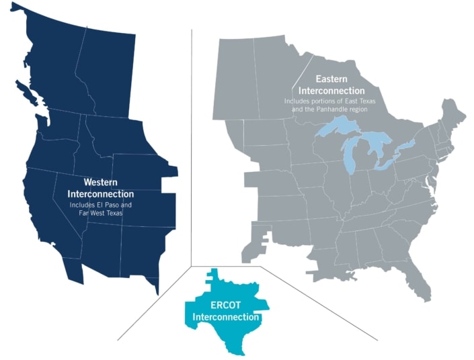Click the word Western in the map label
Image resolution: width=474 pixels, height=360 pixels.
pyautogui.click(x=102, y=182)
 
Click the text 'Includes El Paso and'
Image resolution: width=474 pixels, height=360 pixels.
pyautogui.click(x=102, y=204)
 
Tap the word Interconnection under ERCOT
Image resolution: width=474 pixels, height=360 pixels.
pyautogui.click(x=226, y=316)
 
